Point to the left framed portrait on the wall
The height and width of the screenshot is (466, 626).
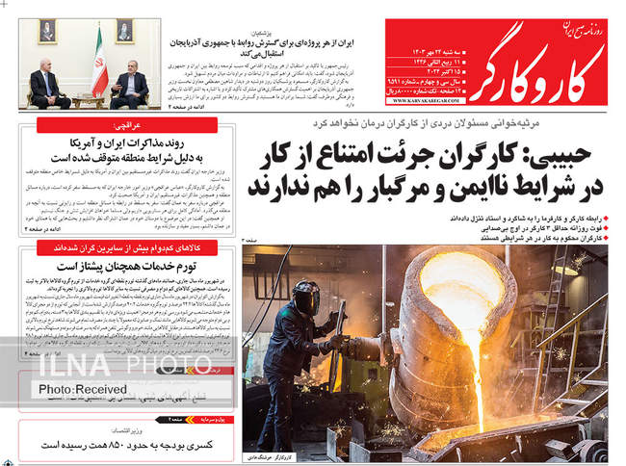47,31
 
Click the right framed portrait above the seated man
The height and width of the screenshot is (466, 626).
124,31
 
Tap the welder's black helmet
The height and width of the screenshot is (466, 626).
306,298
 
